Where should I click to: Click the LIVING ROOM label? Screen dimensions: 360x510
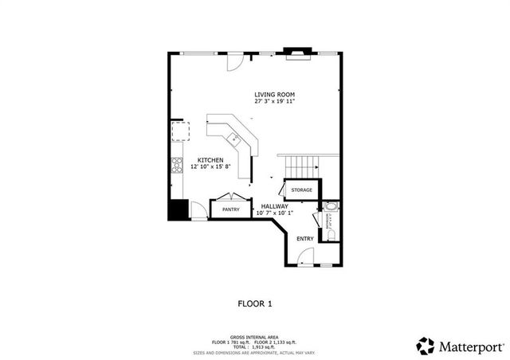tap(274, 95)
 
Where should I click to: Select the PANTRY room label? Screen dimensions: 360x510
tap(231, 209)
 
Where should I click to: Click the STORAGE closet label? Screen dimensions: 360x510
tap(301, 190)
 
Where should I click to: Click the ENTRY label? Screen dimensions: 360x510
tap(304, 238)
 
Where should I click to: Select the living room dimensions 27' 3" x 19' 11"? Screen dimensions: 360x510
tap(274, 102)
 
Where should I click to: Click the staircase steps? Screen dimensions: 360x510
tap(301, 167)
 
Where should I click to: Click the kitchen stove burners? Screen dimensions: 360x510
tap(177, 166)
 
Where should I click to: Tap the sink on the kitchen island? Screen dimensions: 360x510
tap(235, 140)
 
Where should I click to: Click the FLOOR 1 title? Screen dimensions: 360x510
tap(255, 303)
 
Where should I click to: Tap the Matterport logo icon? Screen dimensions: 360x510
tap(426, 346)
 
